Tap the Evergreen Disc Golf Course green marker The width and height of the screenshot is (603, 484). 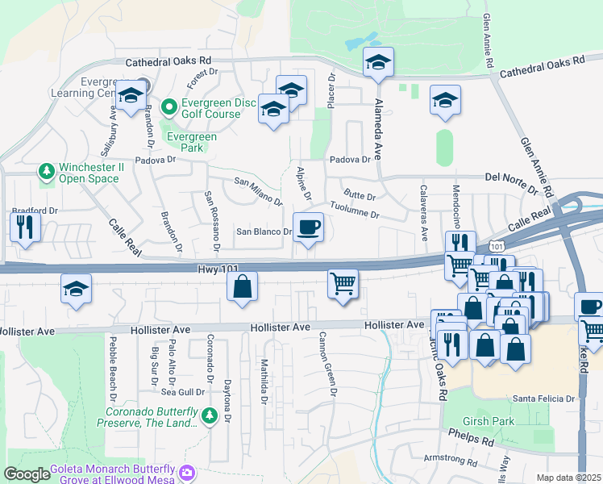169,106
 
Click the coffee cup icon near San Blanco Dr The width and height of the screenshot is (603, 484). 308,227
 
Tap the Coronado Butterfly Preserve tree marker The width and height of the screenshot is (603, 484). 210,415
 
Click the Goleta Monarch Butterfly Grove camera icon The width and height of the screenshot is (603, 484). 188,472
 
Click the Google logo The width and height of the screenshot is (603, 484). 27,474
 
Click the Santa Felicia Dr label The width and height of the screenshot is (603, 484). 543,398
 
